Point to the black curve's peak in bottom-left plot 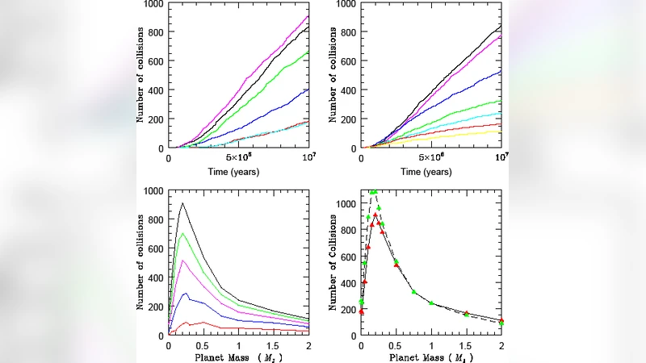[182, 203]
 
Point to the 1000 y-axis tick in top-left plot [153, 4]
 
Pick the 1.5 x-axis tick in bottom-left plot [273, 346]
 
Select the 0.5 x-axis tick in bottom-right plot [396, 346]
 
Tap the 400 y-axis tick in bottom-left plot [151, 277]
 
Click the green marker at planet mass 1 [431, 303]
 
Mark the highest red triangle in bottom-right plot [375, 215]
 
